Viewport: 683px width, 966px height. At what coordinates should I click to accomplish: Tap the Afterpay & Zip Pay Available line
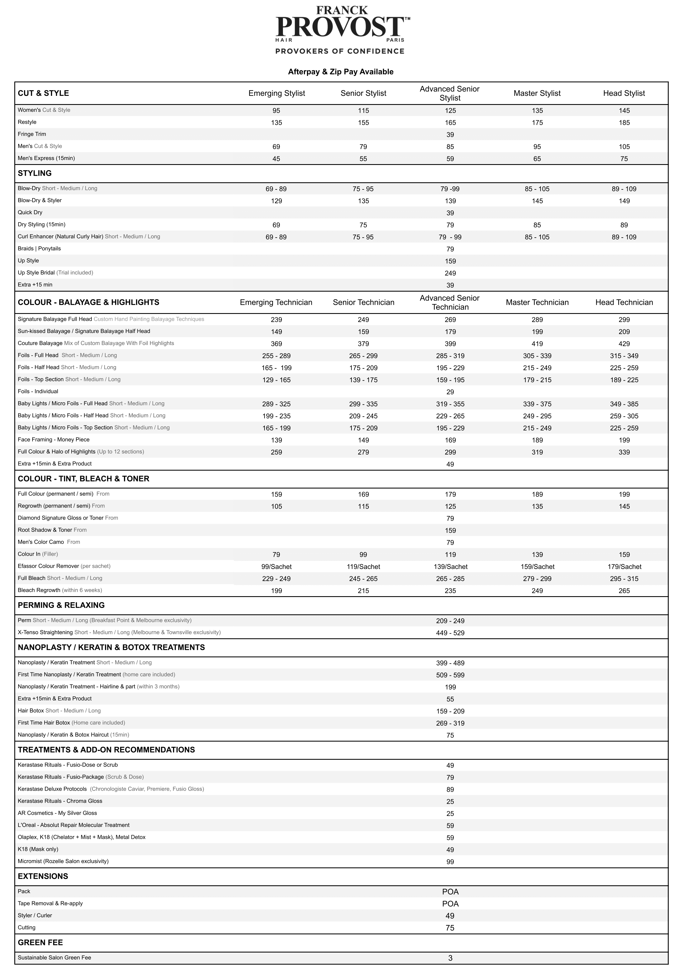pyautogui.click(x=341, y=72)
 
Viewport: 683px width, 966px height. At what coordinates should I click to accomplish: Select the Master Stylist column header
pyautogui.click(x=537, y=93)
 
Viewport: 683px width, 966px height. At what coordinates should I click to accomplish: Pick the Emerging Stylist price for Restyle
pyautogui.click(x=277, y=123)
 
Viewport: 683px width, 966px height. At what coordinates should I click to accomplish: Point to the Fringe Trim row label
pyautogui.click(x=32, y=134)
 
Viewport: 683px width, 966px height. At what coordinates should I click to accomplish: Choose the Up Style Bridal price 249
pyautogui.click(x=450, y=273)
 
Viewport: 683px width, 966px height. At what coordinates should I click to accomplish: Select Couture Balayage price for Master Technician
pyautogui.click(x=537, y=344)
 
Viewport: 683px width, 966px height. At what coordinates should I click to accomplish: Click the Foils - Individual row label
pyautogui.click(x=38, y=392)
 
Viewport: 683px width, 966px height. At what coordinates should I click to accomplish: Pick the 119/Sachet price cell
pyautogui.click(x=363, y=567)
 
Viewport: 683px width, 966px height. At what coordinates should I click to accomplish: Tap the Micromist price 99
pyautogui.click(x=450, y=862)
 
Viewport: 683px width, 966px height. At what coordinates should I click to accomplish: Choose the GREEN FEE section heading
pyautogui.click(x=41, y=942)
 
